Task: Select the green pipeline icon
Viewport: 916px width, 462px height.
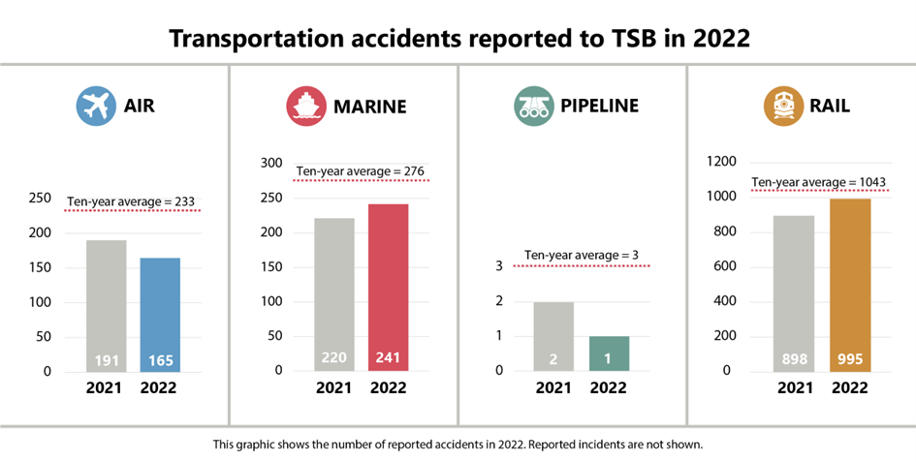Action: point(533,107)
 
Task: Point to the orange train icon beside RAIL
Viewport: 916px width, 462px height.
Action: point(782,107)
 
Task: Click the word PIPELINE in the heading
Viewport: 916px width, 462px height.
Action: point(599,107)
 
